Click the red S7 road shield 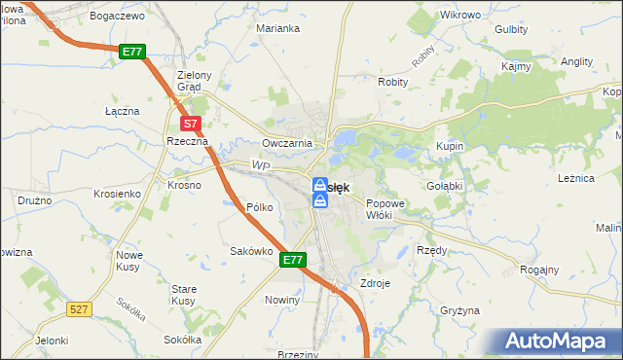tap(191, 124)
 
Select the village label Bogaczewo tap(115, 17)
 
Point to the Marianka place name tap(277, 28)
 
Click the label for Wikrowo tap(460, 16)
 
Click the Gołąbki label tap(444, 185)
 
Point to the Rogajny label tap(539, 270)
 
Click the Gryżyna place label tap(460, 310)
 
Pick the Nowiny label tap(282, 301)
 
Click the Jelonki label tap(52, 341)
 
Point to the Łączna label tap(123, 111)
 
